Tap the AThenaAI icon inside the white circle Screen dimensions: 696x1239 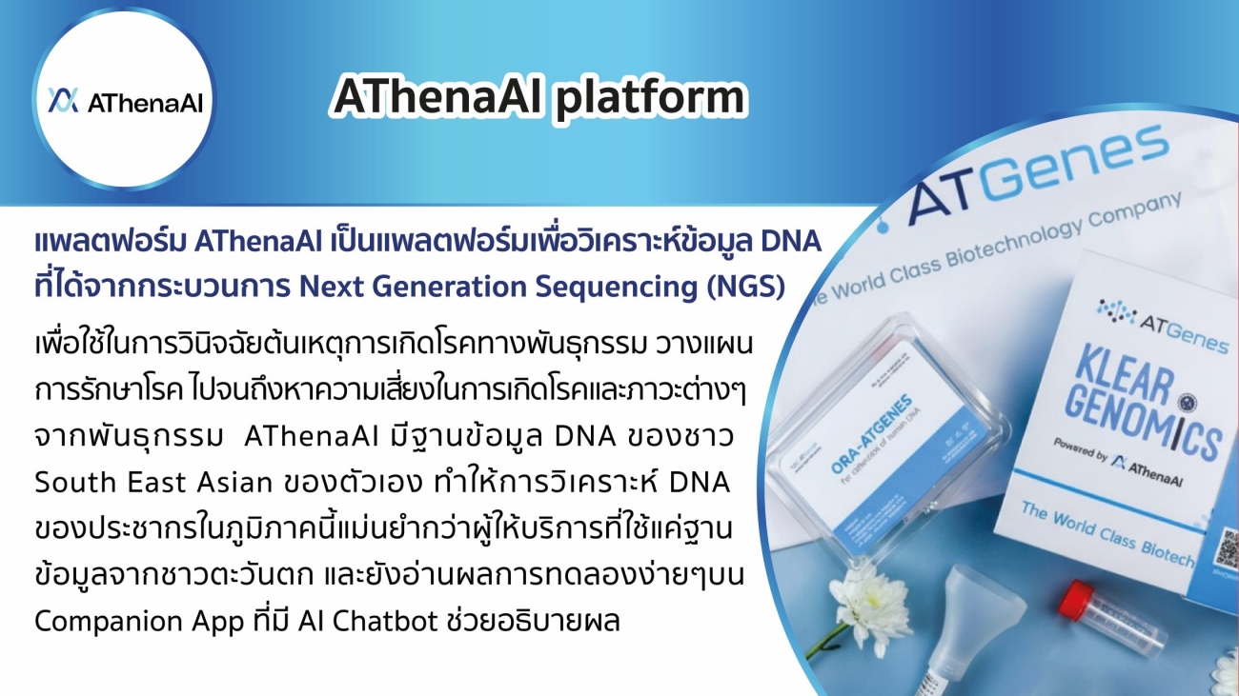pyautogui.click(x=64, y=101)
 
